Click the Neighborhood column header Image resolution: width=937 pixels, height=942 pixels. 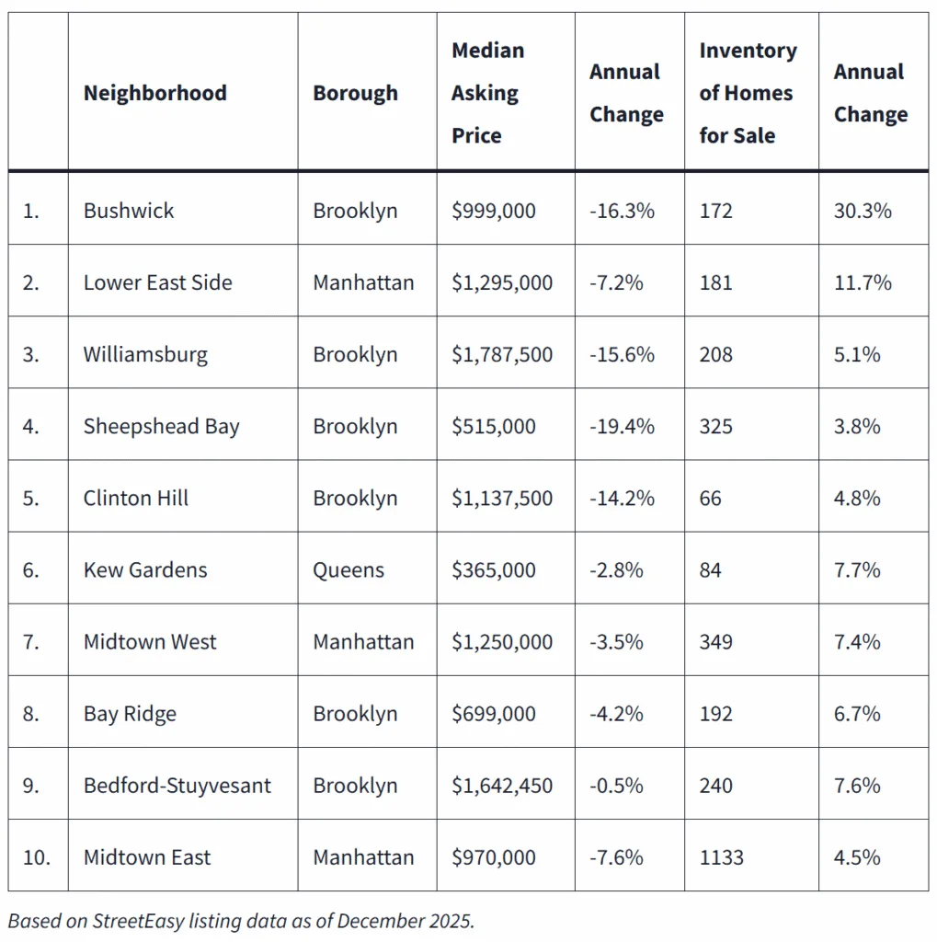tap(154, 93)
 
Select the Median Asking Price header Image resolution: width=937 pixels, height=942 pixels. tap(487, 93)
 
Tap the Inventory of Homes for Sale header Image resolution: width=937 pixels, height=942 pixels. tap(748, 93)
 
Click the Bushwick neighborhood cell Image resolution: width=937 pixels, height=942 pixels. tap(129, 211)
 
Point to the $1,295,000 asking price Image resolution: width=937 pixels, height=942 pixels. tap(502, 282)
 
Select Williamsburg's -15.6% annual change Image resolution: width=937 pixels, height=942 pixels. tap(622, 354)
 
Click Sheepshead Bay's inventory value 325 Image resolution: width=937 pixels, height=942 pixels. tap(716, 426)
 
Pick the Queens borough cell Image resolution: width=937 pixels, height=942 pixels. tap(349, 569)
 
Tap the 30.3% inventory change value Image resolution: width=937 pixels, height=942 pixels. tap(863, 211)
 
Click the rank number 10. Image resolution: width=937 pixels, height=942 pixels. tap(37, 857)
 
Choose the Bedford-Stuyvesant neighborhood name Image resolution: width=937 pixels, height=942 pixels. tap(177, 786)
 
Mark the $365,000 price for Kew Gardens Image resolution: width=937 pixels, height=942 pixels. tap(493, 569)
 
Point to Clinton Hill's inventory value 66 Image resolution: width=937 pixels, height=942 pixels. tap(711, 498)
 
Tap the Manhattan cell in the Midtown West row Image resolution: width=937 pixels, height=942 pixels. tap(363, 641)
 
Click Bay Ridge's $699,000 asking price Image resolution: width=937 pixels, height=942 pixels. tap(493, 714)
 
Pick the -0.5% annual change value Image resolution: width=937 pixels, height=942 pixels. tap(616, 786)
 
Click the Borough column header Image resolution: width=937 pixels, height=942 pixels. tap(355, 93)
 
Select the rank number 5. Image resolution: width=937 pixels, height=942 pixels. tap(31, 498)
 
